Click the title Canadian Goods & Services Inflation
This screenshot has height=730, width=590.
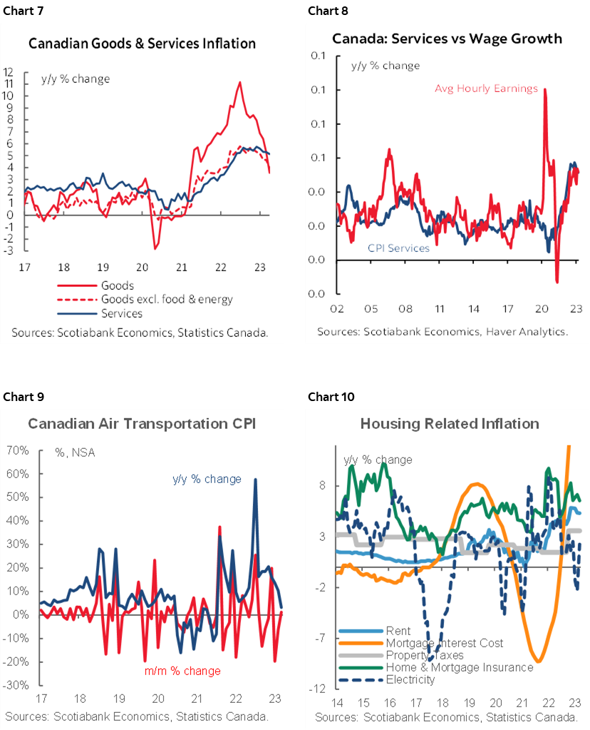[142, 44]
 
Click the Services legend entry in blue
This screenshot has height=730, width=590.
[122, 313]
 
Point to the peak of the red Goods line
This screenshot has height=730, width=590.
[239, 83]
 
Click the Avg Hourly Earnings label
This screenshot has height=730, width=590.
[487, 88]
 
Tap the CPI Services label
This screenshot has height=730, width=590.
[398, 248]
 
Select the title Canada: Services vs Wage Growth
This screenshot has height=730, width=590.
[447, 39]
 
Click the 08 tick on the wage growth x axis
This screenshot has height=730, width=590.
[405, 310]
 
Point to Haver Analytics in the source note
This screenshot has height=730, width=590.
[524, 332]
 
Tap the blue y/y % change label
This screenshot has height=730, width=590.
[207, 479]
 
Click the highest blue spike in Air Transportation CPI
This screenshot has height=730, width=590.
[255, 480]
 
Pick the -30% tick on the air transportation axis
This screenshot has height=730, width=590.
[16, 684]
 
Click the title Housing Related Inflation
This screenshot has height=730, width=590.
[450, 424]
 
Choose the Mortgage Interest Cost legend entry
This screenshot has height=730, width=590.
[444, 643]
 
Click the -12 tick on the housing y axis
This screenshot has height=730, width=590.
[319, 689]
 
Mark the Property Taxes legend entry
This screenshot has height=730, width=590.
[424, 655]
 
